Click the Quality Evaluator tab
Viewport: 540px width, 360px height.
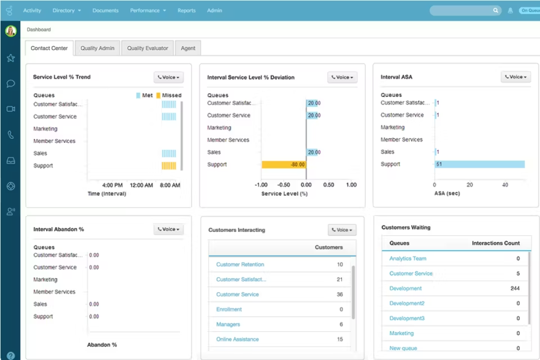(x=147, y=48)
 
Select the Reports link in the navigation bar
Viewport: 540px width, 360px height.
(x=186, y=11)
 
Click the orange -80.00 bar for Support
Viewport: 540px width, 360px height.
(x=284, y=165)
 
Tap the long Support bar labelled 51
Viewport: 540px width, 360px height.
(x=479, y=164)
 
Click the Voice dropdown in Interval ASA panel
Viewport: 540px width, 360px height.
(x=516, y=77)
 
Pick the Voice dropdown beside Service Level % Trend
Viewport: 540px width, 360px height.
(x=169, y=77)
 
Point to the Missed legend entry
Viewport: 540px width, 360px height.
(x=169, y=96)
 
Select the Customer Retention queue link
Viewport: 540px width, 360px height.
(x=240, y=264)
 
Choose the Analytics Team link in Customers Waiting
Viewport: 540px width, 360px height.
(x=408, y=259)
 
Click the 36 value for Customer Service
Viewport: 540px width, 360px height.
(x=340, y=294)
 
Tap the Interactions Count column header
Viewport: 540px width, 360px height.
(x=496, y=243)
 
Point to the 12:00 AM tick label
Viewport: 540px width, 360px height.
(x=141, y=185)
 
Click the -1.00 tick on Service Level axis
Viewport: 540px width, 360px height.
(x=261, y=185)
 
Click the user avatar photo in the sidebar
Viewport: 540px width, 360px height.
(x=11, y=31)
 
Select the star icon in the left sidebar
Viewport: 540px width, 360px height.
(x=11, y=58)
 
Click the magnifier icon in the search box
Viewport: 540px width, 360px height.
(x=496, y=11)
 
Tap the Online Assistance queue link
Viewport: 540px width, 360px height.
(x=237, y=339)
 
